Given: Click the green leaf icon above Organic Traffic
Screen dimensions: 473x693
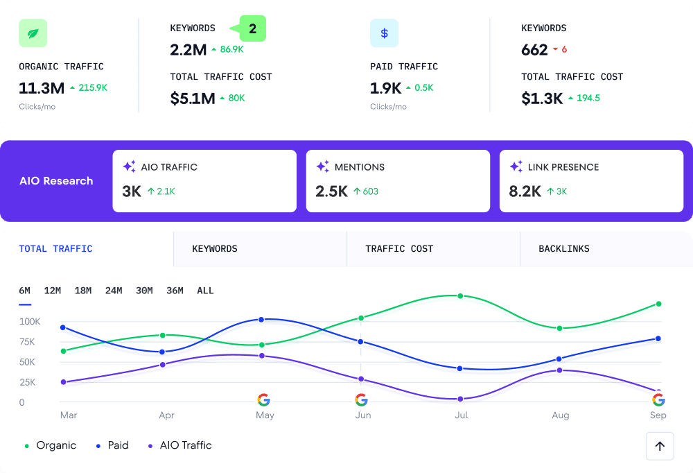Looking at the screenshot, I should pyautogui.click(x=33, y=33).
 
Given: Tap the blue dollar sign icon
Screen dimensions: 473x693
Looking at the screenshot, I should pyautogui.click(x=384, y=33).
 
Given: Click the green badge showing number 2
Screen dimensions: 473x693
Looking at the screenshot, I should pyautogui.click(x=252, y=29).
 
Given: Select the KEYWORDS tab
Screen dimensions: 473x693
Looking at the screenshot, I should pyautogui.click(x=215, y=249).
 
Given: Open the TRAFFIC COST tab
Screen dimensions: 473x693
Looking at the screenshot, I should pyautogui.click(x=399, y=249).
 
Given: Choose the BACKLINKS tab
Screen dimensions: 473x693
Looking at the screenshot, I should pyautogui.click(x=564, y=249).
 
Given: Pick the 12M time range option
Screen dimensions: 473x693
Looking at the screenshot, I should pyautogui.click(x=53, y=291).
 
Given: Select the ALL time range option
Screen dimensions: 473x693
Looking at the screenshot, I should pyautogui.click(x=205, y=291).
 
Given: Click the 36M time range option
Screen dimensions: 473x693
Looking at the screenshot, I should pyautogui.click(x=175, y=291).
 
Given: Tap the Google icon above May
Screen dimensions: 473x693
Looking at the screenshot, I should pyautogui.click(x=263, y=399).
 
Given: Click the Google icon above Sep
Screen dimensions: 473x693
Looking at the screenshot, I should pyautogui.click(x=658, y=399).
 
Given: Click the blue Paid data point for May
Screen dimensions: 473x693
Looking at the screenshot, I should pyautogui.click(x=261, y=320).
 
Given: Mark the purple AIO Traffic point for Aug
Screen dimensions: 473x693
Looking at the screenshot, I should pyautogui.click(x=559, y=370).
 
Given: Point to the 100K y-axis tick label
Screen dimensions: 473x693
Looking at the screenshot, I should pyautogui.click(x=30, y=322).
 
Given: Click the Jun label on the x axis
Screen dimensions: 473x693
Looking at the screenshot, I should pyautogui.click(x=362, y=415).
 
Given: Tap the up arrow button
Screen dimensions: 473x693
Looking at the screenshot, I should pyautogui.click(x=659, y=446).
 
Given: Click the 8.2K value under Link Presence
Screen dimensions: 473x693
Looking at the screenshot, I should pyautogui.click(x=525, y=191).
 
